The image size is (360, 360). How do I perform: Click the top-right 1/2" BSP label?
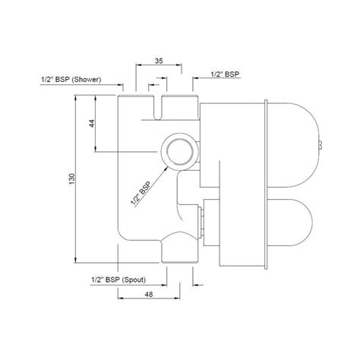226,75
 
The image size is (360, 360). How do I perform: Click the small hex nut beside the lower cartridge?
201,219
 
